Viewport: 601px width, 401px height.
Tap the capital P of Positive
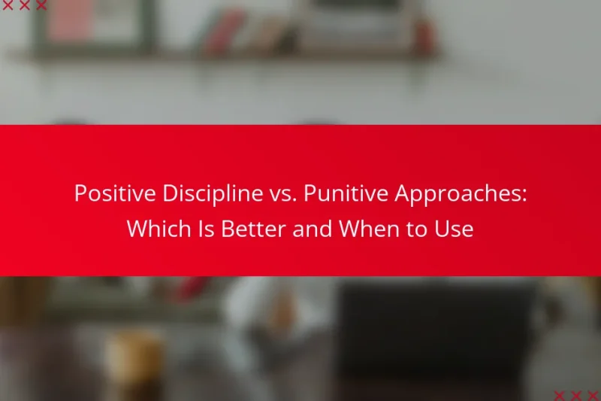[80, 194]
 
